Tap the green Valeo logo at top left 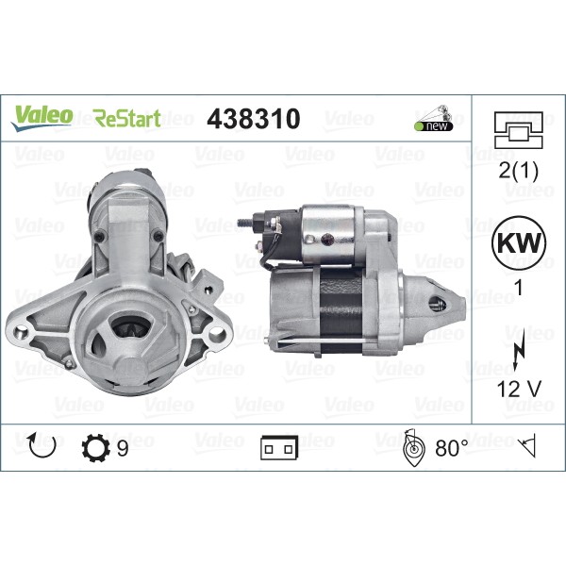42,115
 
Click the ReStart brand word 127,119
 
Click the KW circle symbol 518,241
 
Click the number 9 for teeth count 123,448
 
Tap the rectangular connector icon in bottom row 279,449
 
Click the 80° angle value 451,448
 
